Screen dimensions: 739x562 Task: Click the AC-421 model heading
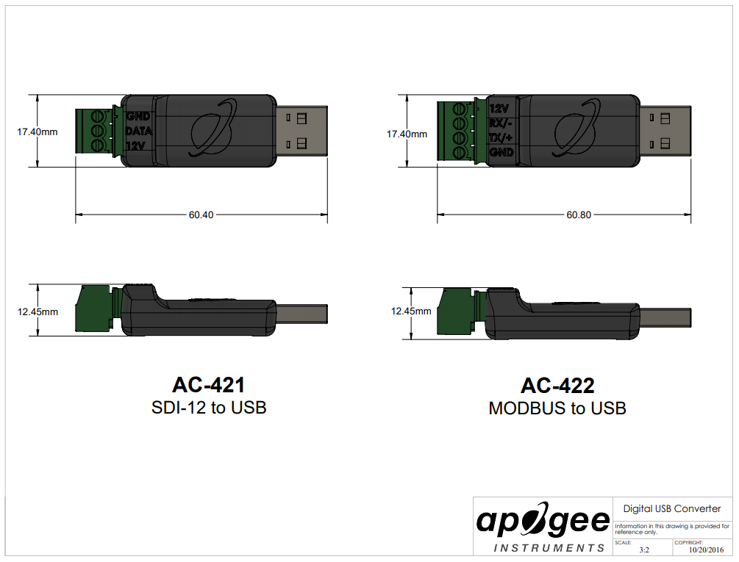pos(208,384)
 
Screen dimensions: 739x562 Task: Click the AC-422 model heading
pos(557,386)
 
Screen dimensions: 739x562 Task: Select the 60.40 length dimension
pos(201,215)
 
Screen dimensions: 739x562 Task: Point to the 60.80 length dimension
pos(578,215)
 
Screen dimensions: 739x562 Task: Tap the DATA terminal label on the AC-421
pos(138,131)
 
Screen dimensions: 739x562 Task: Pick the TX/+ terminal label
pos(501,138)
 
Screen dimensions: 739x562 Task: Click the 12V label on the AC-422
pos(499,109)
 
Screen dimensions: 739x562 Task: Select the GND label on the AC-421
pos(138,116)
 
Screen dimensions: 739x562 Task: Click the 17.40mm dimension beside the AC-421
pos(38,132)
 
